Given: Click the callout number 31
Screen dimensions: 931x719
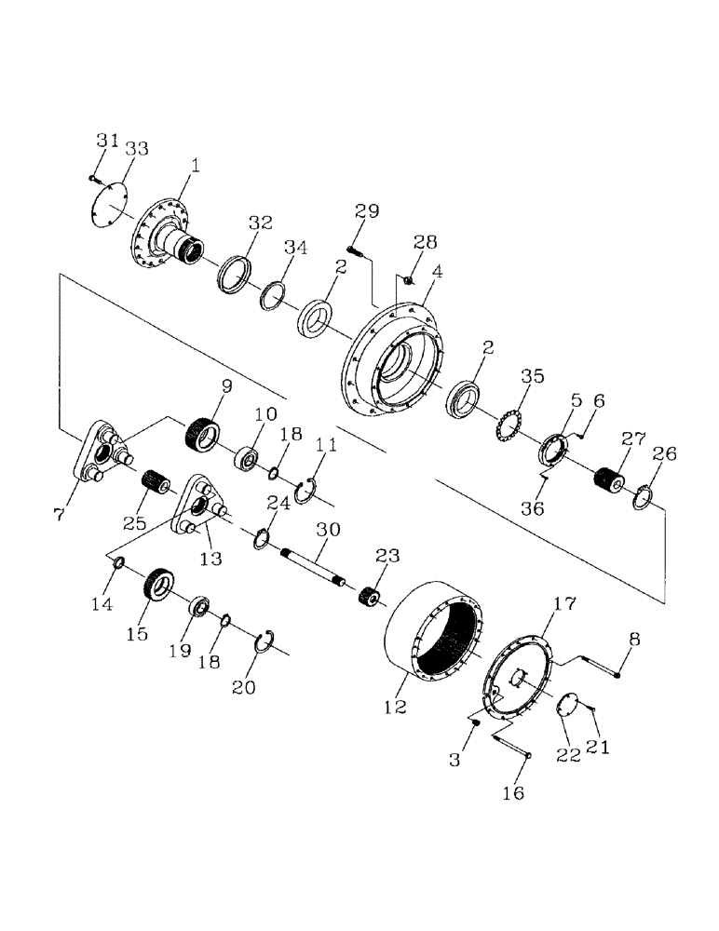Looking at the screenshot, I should click(107, 141).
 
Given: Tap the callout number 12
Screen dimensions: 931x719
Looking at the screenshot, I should click(395, 707).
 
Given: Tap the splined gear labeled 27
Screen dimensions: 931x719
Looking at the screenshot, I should click(611, 481).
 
